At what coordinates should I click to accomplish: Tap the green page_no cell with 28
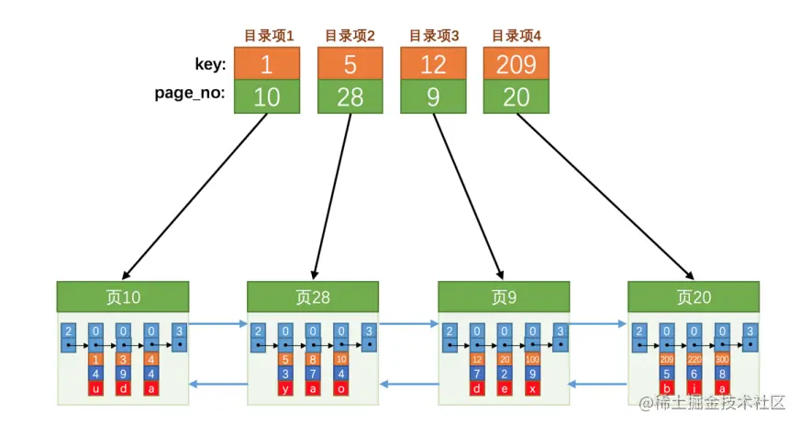click(x=350, y=97)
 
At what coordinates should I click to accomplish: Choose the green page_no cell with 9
click(x=433, y=97)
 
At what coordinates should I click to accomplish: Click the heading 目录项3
click(x=433, y=36)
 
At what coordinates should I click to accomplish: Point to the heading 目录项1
click(x=267, y=36)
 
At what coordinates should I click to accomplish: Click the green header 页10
click(x=122, y=297)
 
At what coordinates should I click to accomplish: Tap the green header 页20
click(x=694, y=297)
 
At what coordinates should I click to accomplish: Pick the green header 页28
click(x=313, y=297)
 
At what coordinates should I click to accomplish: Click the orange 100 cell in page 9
click(x=532, y=359)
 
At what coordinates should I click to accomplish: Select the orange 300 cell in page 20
click(x=723, y=359)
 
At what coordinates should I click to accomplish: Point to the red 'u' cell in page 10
click(x=95, y=388)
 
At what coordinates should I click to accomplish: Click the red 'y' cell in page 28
click(x=285, y=388)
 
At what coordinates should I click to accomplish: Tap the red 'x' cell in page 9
click(x=532, y=388)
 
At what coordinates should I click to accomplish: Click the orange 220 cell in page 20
click(x=694, y=359)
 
